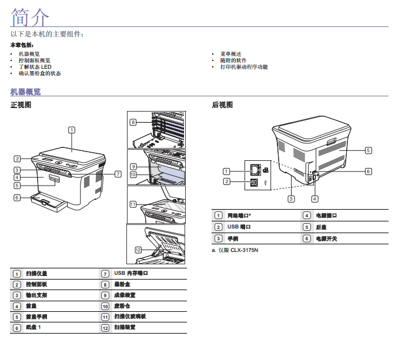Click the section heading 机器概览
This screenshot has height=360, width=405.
click(x=26, y=92)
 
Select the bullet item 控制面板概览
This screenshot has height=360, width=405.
click(x=35, y=60)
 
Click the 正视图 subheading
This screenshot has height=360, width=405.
click(x=21, y=106)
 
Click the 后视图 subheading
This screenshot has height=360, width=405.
click(x=222, y=106)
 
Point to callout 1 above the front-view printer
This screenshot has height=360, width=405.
click(x=71, y=129)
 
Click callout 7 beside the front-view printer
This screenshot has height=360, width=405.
click(x=118, y=174)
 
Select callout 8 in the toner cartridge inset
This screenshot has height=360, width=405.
click(x=133, y=122)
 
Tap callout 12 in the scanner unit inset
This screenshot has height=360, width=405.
click(x=138, y=250)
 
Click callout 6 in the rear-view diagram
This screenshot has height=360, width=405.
click(x=368, y=171)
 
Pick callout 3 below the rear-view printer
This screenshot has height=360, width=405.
click(x=291, y=198)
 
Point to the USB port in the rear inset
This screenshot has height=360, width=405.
click(x=253, y=182)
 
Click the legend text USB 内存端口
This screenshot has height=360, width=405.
click(x=130, y=274)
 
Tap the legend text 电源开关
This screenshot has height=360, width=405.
click(x=326, y=239)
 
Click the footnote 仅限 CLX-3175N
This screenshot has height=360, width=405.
click(x=237, y=251)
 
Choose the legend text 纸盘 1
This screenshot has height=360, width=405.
click(x=34, y=327)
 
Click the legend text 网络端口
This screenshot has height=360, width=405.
click(x=240, y=216)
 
